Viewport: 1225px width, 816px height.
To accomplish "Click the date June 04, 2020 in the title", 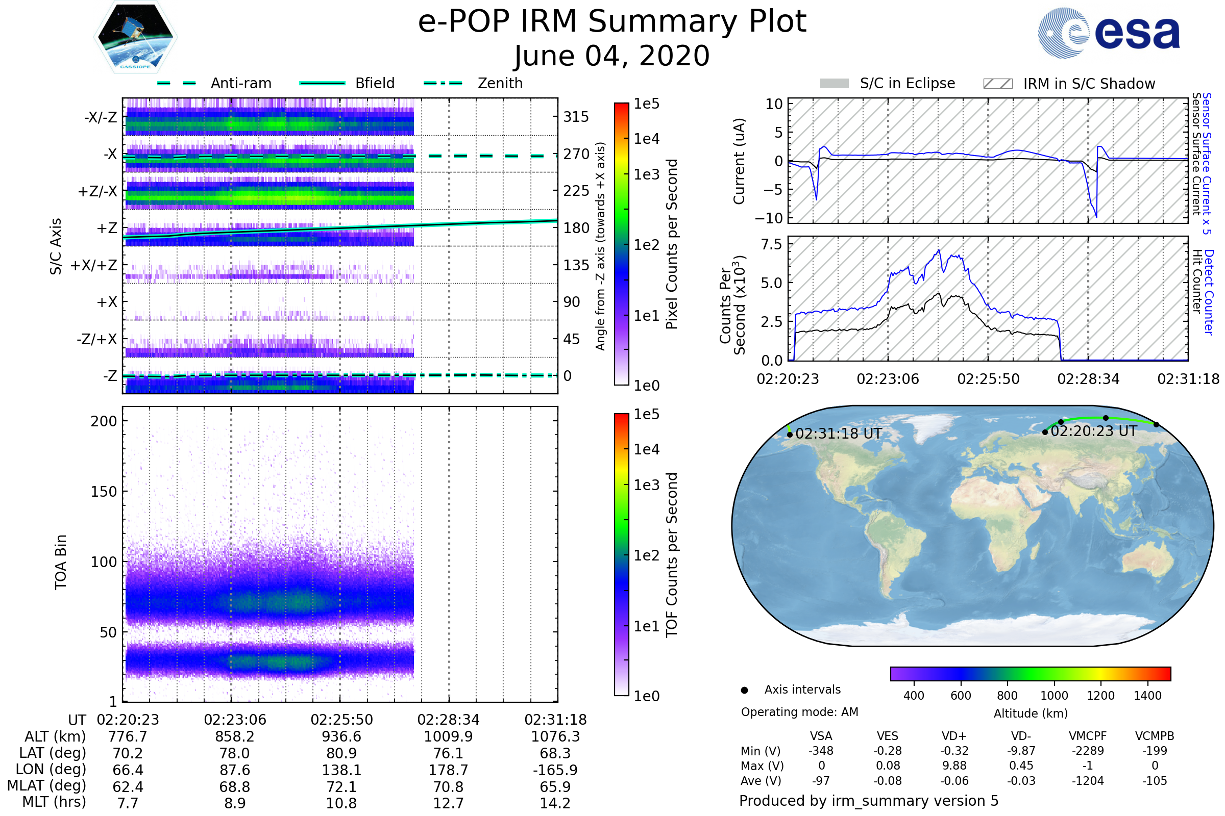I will coord(611,56).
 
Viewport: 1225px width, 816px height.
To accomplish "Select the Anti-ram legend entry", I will coord(240,83).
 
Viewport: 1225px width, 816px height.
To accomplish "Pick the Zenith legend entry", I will coord(500,83).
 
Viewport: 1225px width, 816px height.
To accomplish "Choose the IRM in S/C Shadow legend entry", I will coord(1089,84).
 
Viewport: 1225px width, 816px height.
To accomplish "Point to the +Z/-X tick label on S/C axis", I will coord(97,192).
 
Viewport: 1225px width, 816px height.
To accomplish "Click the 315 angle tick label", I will coord(576,117).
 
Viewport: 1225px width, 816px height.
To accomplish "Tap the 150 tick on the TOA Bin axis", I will coord(104,492).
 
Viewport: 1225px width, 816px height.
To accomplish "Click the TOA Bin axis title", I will coord(61,562).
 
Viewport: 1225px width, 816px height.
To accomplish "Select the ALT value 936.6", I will coord(341,736).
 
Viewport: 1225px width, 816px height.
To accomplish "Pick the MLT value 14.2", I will coord(555,803).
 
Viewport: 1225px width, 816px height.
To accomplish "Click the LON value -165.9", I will coord(555,770).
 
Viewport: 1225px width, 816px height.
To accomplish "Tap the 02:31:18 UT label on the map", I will coord(838,434).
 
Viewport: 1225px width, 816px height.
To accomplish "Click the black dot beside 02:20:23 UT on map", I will coord(1045,432).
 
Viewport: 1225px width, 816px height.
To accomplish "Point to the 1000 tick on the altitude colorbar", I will coord(1053,696).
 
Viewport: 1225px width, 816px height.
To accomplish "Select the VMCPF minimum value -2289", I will coord(1088,751).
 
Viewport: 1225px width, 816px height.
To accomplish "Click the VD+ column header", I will coord(954,736).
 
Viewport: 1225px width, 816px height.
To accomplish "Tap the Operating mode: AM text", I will coord(799,712).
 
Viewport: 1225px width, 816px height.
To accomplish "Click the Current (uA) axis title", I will coord(739,161).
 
